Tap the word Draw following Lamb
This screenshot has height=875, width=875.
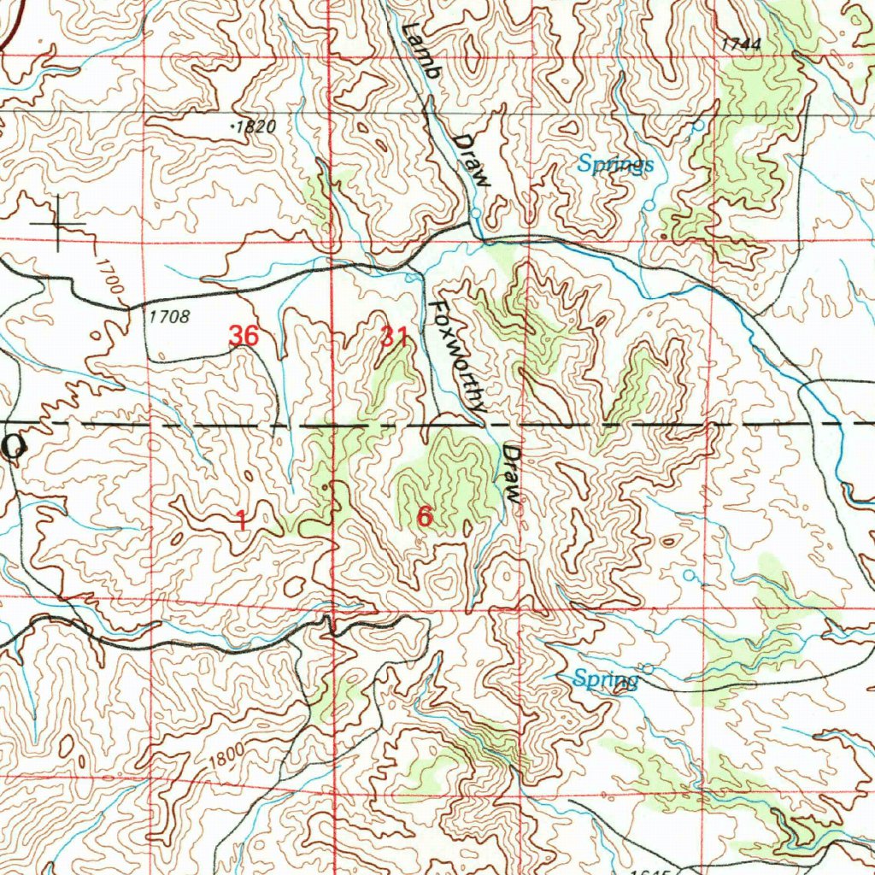[x=473, y=161]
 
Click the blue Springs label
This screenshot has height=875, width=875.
[x=615, y=164]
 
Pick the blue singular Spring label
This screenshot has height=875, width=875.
[x=606, y=680]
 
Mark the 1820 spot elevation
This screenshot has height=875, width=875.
[x=255, y=126]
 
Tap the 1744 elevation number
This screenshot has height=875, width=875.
[x=740, y=44]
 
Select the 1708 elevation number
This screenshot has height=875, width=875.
[x=167, y=317]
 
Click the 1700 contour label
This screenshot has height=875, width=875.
[x=110, y=279]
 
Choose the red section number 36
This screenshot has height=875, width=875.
[x=244, y=336]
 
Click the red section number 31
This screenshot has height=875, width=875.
[x=395, y=338]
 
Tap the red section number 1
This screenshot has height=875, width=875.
[x=242, y=519]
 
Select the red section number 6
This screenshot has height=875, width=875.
[x=425, y=516]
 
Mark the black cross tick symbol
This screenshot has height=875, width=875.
[x=58, y=224]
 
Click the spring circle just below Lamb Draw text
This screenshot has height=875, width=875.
[x=475, y=214]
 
